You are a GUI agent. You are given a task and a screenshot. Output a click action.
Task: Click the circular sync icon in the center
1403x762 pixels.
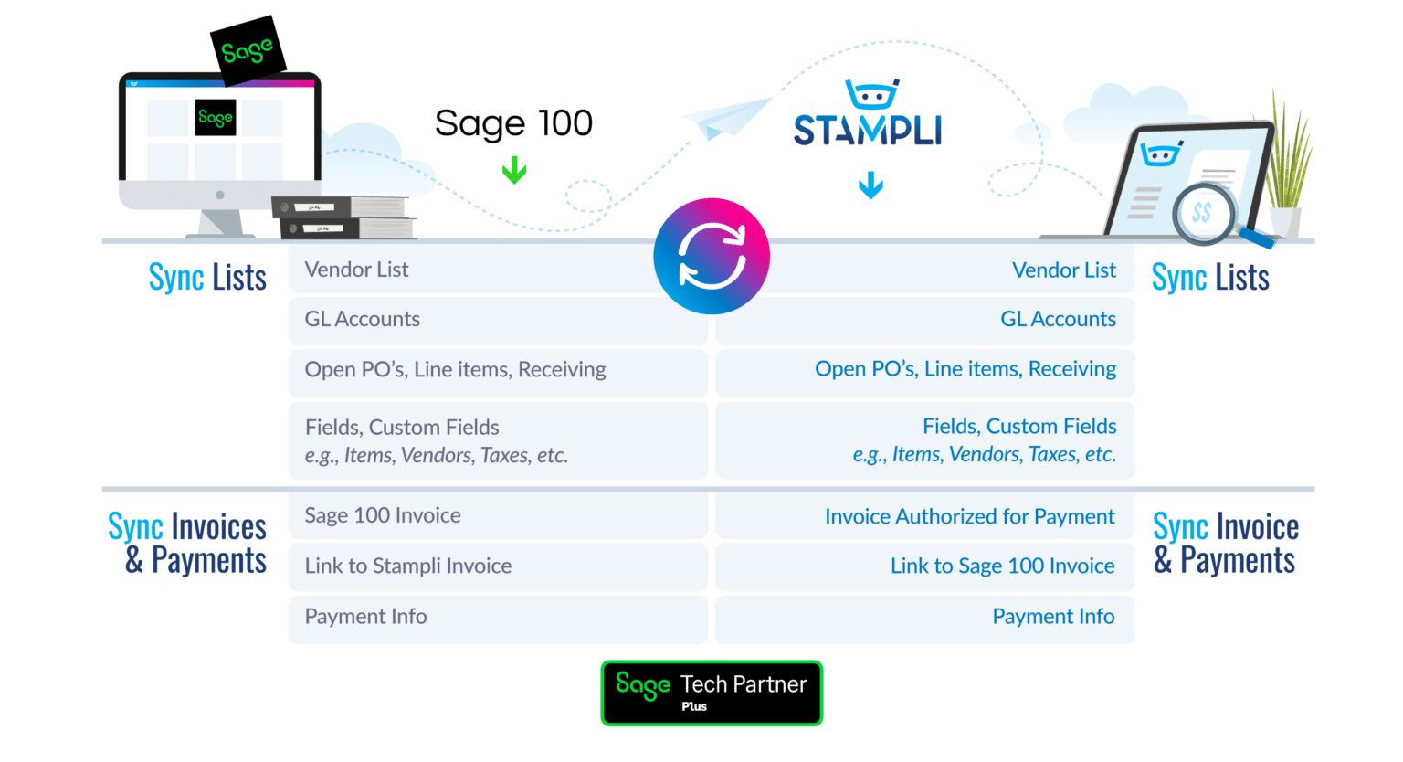[712, 257]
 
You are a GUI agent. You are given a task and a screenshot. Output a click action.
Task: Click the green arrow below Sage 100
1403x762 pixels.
[514, 170]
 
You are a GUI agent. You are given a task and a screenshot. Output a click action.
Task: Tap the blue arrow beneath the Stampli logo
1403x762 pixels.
[870, 185]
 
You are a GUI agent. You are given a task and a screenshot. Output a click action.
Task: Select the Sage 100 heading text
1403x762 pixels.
[513, 123]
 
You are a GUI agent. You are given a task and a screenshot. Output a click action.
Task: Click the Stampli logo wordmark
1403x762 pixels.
[867, 130]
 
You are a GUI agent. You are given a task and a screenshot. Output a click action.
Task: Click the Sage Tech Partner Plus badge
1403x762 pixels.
[712, 693]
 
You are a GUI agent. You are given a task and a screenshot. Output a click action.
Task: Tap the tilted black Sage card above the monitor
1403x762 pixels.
[248, 50]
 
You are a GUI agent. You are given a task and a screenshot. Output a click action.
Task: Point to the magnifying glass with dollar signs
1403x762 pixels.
[1206, 214]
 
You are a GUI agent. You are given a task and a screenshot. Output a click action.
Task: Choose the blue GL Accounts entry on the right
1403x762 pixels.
[1058, 319]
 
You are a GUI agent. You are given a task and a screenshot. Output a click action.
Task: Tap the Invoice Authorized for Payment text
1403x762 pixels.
[969, 517]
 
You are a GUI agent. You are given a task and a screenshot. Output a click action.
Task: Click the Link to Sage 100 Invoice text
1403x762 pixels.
[1002, 566]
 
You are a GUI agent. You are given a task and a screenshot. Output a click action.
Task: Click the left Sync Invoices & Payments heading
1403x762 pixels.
[188, 544]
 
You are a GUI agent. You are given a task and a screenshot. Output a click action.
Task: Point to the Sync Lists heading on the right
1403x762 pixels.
[1210, 277]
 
